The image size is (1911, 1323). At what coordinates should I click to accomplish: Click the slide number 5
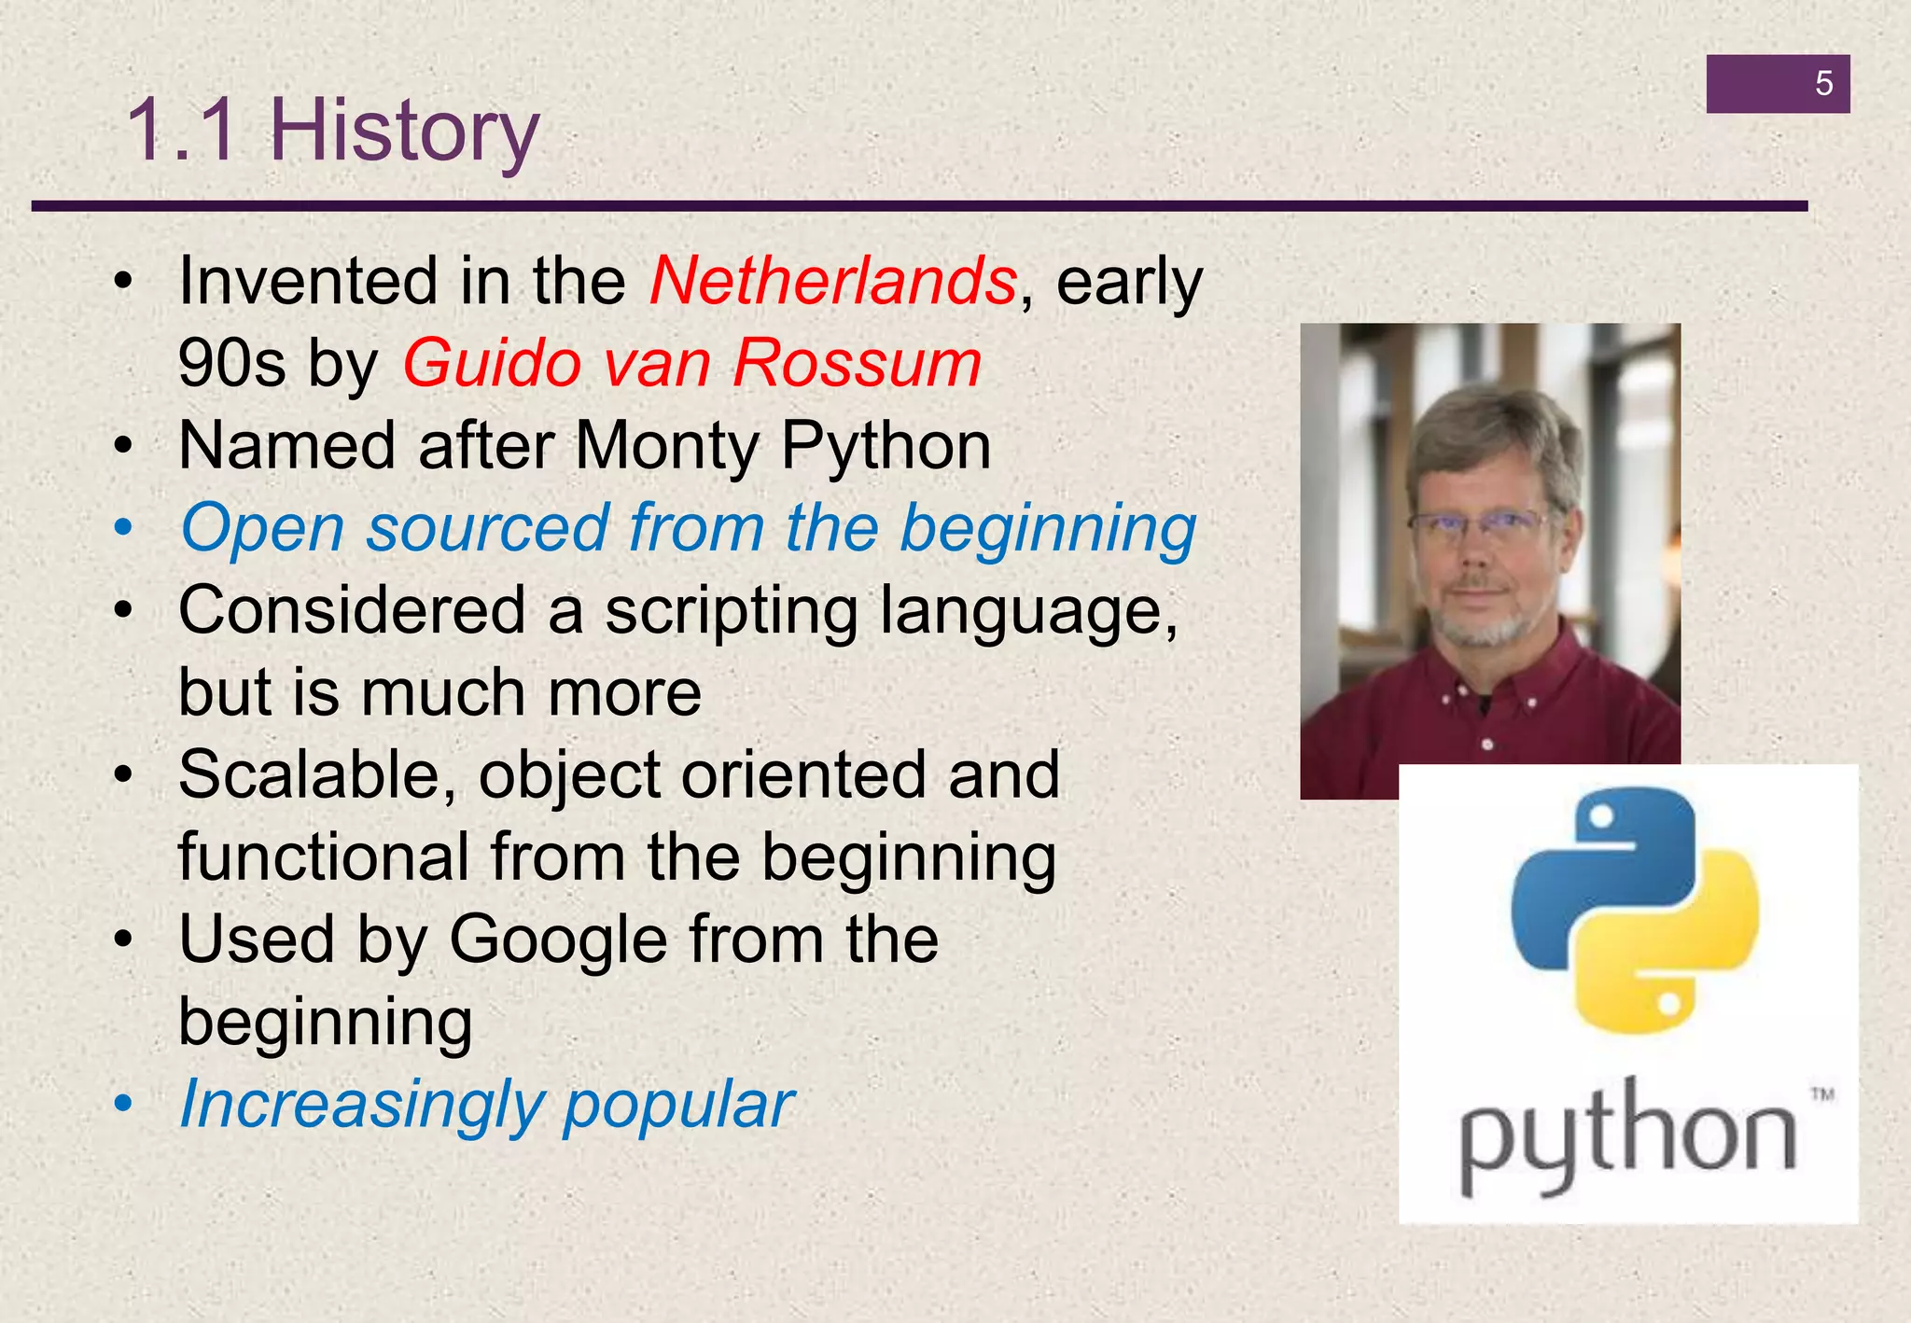(1823, 84)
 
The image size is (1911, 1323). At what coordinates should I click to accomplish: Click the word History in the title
(404, 131)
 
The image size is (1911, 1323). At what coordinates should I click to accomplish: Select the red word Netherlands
(833, 281)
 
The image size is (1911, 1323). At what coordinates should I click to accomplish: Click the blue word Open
(262, 529)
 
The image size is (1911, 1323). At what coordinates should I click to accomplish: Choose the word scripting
(731, 611)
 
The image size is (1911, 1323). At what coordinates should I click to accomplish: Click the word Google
(558, 940)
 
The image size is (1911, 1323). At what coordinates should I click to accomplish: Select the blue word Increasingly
(360, 1105)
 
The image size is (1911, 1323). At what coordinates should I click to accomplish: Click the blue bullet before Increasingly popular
(123, 1105)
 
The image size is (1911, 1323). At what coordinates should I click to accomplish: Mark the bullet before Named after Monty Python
(123, 446)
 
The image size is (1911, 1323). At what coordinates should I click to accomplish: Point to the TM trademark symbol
(1821, 1094)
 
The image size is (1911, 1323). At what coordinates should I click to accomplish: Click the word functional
(323, 857)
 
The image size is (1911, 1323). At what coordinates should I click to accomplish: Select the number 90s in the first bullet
(231, 363)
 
